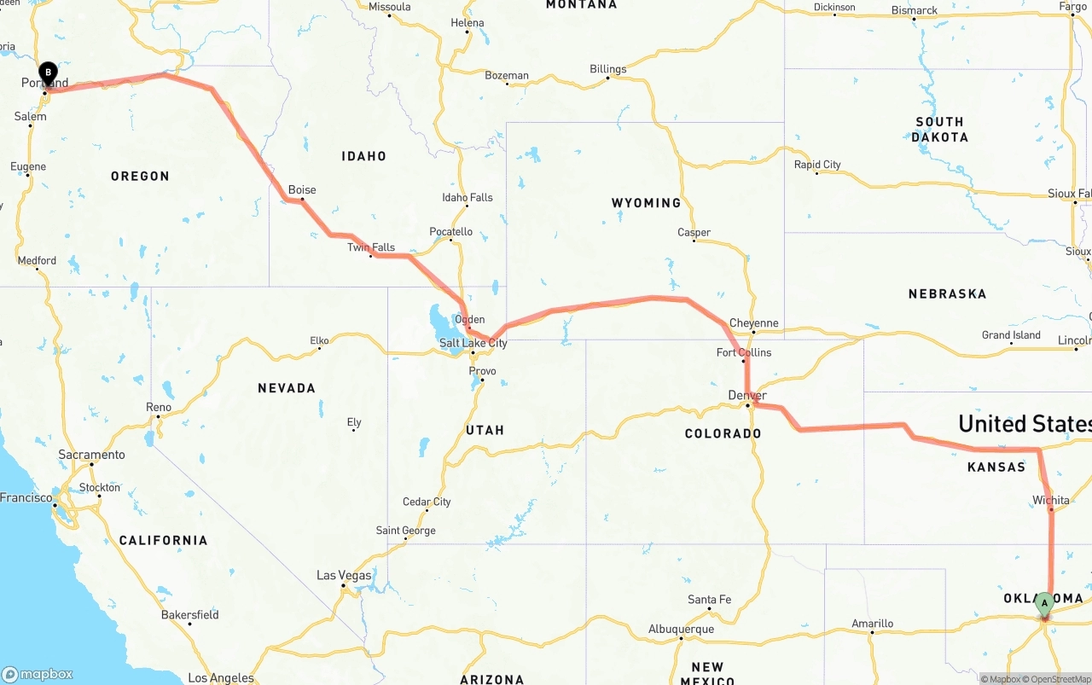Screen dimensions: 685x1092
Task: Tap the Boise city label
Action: click(x=302, y=190)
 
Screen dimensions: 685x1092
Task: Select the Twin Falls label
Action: click(x=371, y=247)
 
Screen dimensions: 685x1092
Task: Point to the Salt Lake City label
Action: click(x=473, y=343)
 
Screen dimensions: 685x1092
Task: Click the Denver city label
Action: click(x=747, y=396)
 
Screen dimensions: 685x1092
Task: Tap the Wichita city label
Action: click(x=1050, y=500)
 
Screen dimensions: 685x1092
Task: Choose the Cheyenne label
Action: click(x=754, y=323)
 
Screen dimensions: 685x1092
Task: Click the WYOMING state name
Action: click(x=646, y=203)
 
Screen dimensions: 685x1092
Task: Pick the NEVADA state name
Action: click(x=287, y=388)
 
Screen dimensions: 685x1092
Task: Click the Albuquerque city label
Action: click(x=681, y=629)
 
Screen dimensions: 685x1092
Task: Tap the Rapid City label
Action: click(x=817, y=165)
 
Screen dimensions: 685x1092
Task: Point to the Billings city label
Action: click(x=607, y=69)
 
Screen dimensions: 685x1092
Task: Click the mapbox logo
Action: click(x=38, y=674)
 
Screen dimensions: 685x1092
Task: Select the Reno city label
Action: click(x=159, y=407)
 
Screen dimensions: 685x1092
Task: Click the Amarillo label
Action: click(x=872, y=624)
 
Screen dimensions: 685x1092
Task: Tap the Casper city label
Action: click(x=694, y=232)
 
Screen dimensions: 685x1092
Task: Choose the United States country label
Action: click(x=1024, y=424)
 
